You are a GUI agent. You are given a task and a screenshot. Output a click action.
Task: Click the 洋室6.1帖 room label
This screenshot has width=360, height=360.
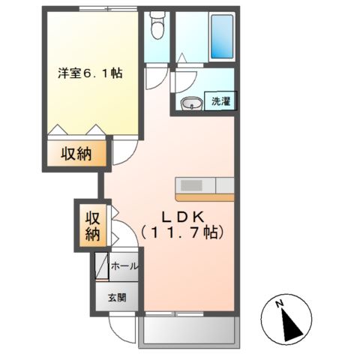(91, 73)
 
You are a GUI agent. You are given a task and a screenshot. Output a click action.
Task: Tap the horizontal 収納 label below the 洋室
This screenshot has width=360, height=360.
(75, 155)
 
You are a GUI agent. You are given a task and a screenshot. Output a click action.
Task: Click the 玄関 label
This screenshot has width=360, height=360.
(116, 297)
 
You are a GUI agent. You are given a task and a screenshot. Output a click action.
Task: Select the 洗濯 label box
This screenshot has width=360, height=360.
(220, 101)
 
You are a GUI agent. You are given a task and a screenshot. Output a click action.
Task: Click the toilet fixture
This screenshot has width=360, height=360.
(156, 28)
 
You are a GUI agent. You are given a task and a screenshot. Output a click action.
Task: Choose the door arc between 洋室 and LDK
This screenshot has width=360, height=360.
(123, 154)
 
